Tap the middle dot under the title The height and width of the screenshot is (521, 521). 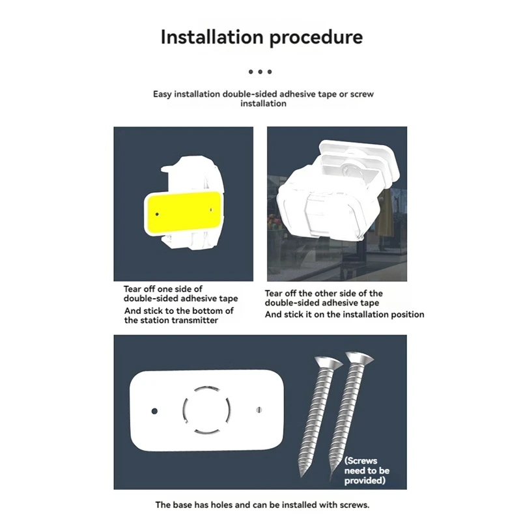coord(260,72)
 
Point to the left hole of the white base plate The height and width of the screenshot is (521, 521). coord(155,412)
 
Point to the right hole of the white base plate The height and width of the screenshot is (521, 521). coord(259,410)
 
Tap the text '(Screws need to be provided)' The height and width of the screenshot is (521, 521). coord(367,470)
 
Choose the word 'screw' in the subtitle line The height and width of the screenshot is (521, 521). coord(361,94)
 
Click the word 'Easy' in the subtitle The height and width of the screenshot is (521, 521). coord(163,94)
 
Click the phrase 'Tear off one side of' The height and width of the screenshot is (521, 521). coord(163,289)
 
